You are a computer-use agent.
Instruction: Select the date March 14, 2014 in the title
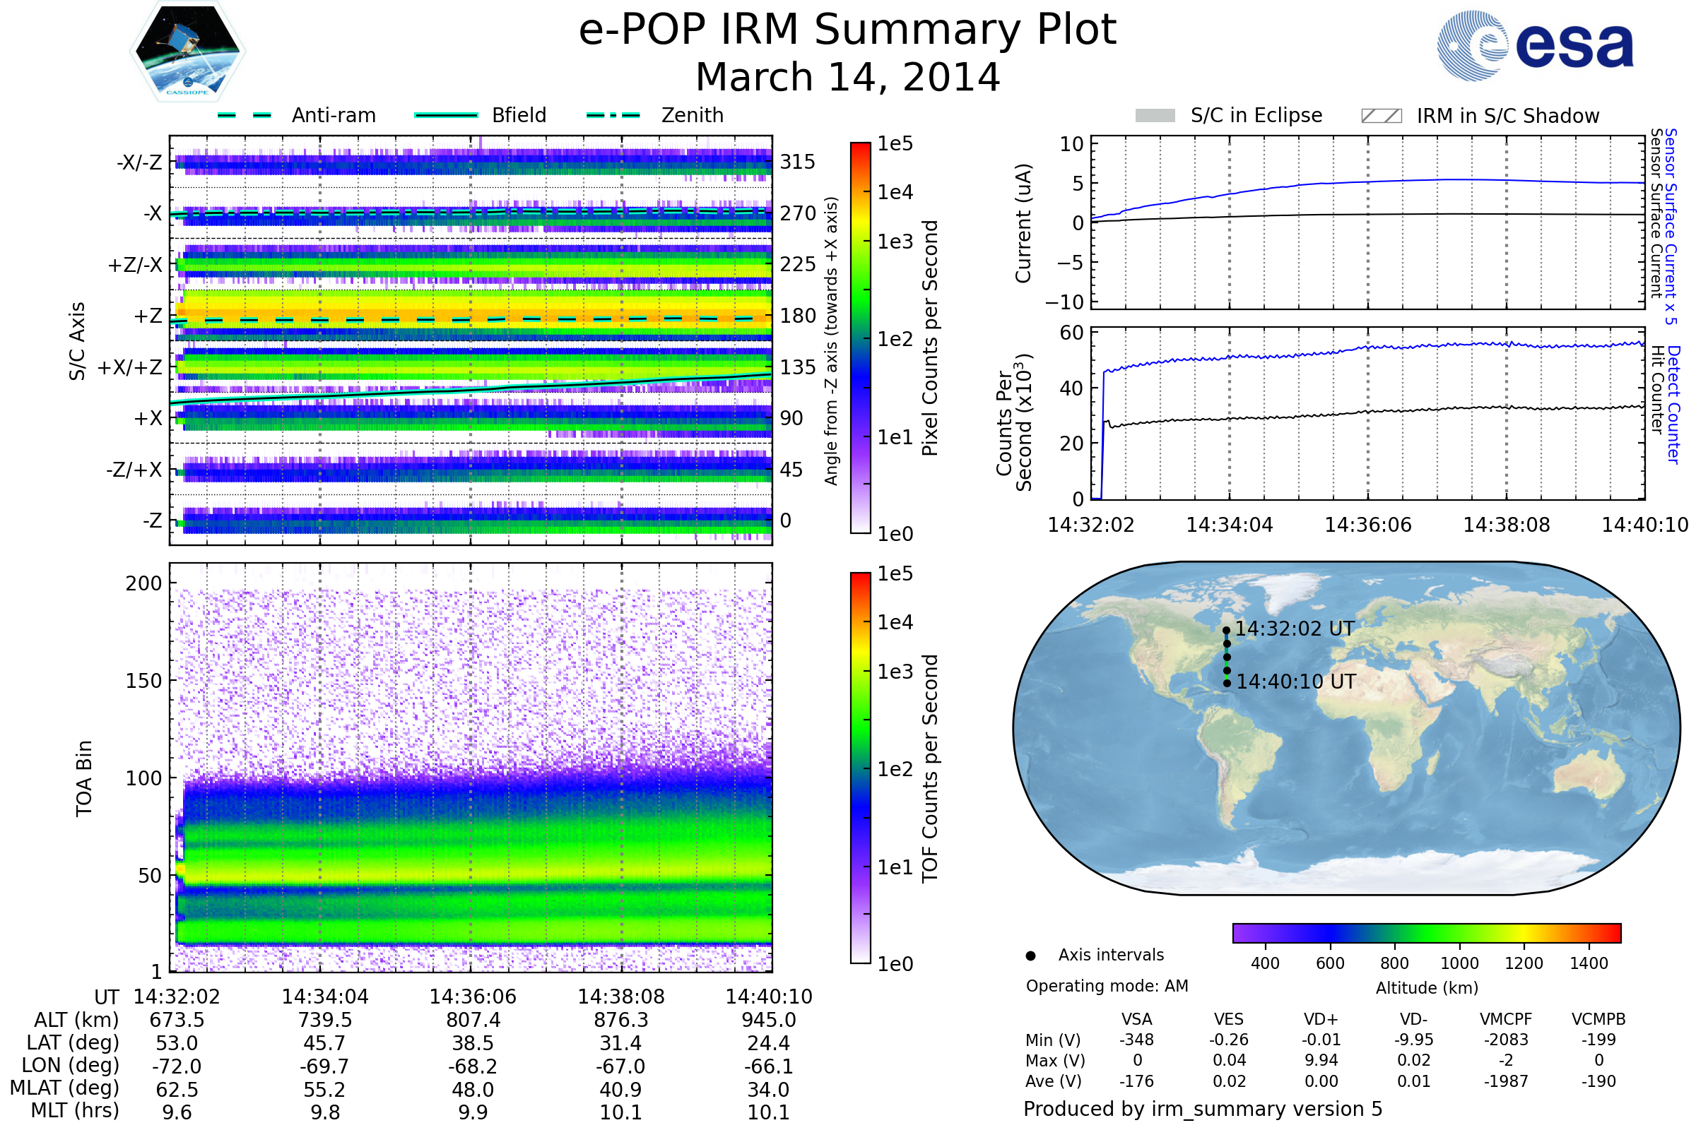[x=847, y=77]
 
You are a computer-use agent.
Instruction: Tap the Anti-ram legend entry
[x=333, y=115]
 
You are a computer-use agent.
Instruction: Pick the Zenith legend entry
[x=692, y=115]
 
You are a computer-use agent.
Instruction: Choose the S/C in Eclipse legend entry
[x=1256, y=115]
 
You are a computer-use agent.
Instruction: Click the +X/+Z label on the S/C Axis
[x=130, y=367]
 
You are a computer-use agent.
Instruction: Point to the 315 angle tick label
[x=797, y=162]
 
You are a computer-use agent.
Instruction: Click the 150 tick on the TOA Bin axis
[x=143, y=681]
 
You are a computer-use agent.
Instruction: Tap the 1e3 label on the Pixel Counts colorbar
[x=895, y=242]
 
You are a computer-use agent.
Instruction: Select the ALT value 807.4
[x=473, y=1021]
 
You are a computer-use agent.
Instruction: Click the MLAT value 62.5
[x=177, y=1090]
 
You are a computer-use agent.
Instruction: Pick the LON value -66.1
[x=769, y=1066]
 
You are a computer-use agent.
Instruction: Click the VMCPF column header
[x=1506, y=1020]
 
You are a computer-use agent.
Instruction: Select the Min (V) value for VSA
[x=1136, y=1040]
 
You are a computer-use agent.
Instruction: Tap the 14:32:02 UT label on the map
[x=1295, y=629]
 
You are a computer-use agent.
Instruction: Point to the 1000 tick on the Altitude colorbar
[x=1459, y=963]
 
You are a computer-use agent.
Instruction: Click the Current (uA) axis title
[x=1023, y=223]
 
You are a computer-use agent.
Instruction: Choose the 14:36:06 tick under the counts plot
[x=1367, y=525]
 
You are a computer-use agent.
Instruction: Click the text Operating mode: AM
[x=1107, y=986]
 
